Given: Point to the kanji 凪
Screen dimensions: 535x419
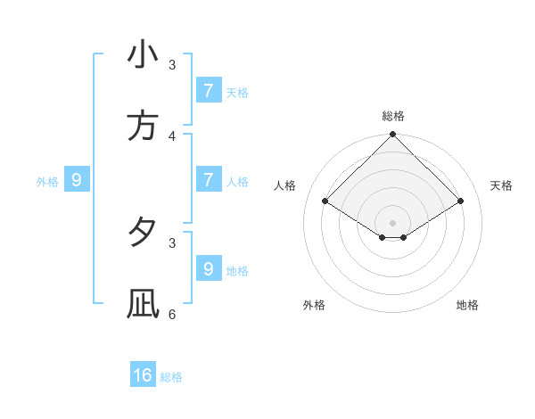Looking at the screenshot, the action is click(x=143, y=304).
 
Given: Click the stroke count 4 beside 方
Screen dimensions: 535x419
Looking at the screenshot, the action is click(x=172, y=136).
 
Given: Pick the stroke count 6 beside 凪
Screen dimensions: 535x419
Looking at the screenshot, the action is click(x=172, y=314).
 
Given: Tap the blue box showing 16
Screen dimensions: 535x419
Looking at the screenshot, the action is click(x=143, y=375).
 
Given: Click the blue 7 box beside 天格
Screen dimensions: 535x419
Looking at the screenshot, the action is click(x=208, y=91).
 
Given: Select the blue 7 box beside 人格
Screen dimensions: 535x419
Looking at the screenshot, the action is click(x=208, y=179).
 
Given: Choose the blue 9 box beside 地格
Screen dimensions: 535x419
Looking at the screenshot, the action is click(x=208, y=268).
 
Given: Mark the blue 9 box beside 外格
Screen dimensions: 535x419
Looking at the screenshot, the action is click(x=77, y=180).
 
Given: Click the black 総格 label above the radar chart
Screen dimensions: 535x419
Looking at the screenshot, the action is click(x=393, y=116).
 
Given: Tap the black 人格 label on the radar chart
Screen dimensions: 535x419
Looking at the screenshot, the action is click(x=285, y=185).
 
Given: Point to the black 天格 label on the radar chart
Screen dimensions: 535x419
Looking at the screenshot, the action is click(x=501, y=185).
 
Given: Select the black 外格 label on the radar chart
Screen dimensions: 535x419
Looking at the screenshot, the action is click(x=314, y=305).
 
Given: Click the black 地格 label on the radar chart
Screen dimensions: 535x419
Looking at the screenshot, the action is click(x=467, y=305).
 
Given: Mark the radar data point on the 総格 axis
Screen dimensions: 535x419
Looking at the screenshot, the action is click(x=393, y=136).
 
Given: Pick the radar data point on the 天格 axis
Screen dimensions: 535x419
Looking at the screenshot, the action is click(x=461, y=201).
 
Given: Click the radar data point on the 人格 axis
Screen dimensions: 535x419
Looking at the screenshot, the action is click(x=325, y=201).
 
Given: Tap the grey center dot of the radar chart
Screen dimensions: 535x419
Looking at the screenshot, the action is click(x=393, y=223).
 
